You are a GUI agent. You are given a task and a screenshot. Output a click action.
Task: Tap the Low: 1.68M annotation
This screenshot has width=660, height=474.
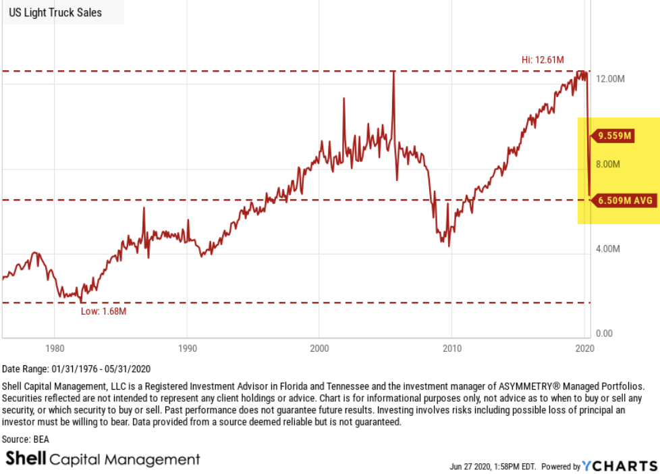103,311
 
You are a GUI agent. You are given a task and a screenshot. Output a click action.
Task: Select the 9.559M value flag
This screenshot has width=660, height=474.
613,136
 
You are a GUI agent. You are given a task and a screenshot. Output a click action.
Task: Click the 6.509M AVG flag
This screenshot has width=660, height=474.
622,200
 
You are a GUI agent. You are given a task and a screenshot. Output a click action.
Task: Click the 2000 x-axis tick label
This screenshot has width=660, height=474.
319,348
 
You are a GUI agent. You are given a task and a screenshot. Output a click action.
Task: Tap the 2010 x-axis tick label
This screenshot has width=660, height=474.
451,348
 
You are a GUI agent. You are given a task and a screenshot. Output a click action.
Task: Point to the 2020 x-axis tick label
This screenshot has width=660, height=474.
584,348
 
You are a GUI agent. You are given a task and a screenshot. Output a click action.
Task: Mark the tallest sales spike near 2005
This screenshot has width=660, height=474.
393,73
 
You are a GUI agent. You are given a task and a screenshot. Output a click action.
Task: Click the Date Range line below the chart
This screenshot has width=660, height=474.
76,369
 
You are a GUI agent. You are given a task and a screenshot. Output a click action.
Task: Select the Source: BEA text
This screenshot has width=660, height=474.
26,439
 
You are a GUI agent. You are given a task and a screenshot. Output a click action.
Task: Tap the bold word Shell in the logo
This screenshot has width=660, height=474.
26,459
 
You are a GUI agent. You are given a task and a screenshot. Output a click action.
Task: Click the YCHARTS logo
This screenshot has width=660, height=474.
620,466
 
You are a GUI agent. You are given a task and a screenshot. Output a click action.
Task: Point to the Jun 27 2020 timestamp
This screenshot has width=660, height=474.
491,467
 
